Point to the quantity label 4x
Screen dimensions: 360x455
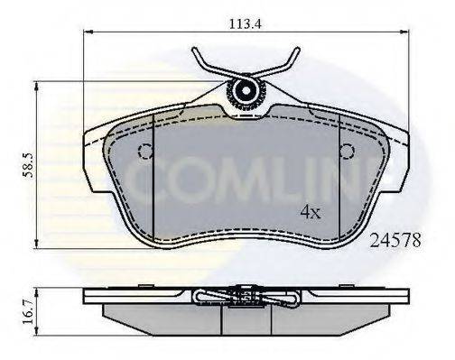tap(311, 213)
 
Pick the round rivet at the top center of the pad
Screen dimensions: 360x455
tap(244, 90)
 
